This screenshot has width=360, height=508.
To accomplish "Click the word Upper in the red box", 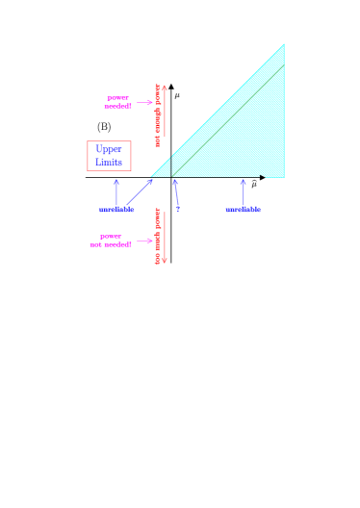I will point(109,150).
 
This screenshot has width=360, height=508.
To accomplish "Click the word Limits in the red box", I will point(109,163).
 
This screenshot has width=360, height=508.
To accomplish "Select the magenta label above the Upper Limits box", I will point(117,102).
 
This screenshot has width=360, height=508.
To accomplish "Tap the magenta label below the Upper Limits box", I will point(111,241).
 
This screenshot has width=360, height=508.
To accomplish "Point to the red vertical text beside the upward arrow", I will point(157,114).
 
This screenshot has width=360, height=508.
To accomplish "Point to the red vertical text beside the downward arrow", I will point(157,237).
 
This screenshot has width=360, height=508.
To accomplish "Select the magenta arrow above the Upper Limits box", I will point(144,102).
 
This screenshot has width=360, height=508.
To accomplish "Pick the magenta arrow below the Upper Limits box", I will point(144,241).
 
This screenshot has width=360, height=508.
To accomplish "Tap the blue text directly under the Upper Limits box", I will point(116,209).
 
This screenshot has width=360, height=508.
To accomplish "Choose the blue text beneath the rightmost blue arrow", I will point(243,209).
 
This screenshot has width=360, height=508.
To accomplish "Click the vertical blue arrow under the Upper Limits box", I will point(116,191).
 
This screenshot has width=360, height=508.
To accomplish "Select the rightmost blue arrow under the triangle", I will point(243,191).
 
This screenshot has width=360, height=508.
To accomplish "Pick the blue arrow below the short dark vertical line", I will point(176,193).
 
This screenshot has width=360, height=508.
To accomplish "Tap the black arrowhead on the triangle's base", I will point(264,177).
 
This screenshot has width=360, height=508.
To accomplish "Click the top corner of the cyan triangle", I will point(284,44).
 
